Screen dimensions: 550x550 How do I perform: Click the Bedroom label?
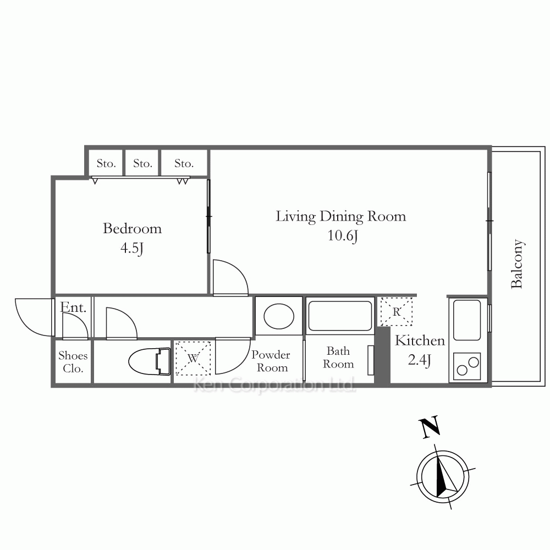(x=132, y=229)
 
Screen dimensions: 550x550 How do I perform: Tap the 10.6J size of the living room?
(x=342, y=235)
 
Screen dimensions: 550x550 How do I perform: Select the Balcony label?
(x=516, y=264)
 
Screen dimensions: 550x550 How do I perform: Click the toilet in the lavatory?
(x=150, y=361)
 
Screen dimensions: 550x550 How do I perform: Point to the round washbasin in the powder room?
(x=279, y=316)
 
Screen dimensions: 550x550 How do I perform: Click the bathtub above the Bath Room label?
(x=340, y=316)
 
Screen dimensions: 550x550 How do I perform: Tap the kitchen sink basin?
(x=467, y=320)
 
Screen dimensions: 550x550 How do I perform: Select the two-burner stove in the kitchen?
(x=467, y=366)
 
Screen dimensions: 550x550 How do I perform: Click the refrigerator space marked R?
(x=397, y=311)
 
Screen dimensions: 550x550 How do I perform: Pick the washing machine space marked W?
(x=193, y=358)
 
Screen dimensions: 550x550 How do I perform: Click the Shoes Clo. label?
(x=73, y=362)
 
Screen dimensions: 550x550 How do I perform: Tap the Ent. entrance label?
(x=73, y=307)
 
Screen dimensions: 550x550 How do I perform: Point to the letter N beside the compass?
(x=430, y=427)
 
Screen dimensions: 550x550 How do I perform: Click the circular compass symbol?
(x=443, y=477)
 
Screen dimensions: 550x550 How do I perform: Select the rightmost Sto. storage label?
(x=184, y=163)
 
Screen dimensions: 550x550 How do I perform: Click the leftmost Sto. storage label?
(x=106, y=163)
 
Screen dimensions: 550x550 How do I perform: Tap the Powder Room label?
(x=271, y=361)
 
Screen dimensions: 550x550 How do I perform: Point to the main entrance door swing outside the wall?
(x=33, y=317)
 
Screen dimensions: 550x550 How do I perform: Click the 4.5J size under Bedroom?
(x=132, y=249)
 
